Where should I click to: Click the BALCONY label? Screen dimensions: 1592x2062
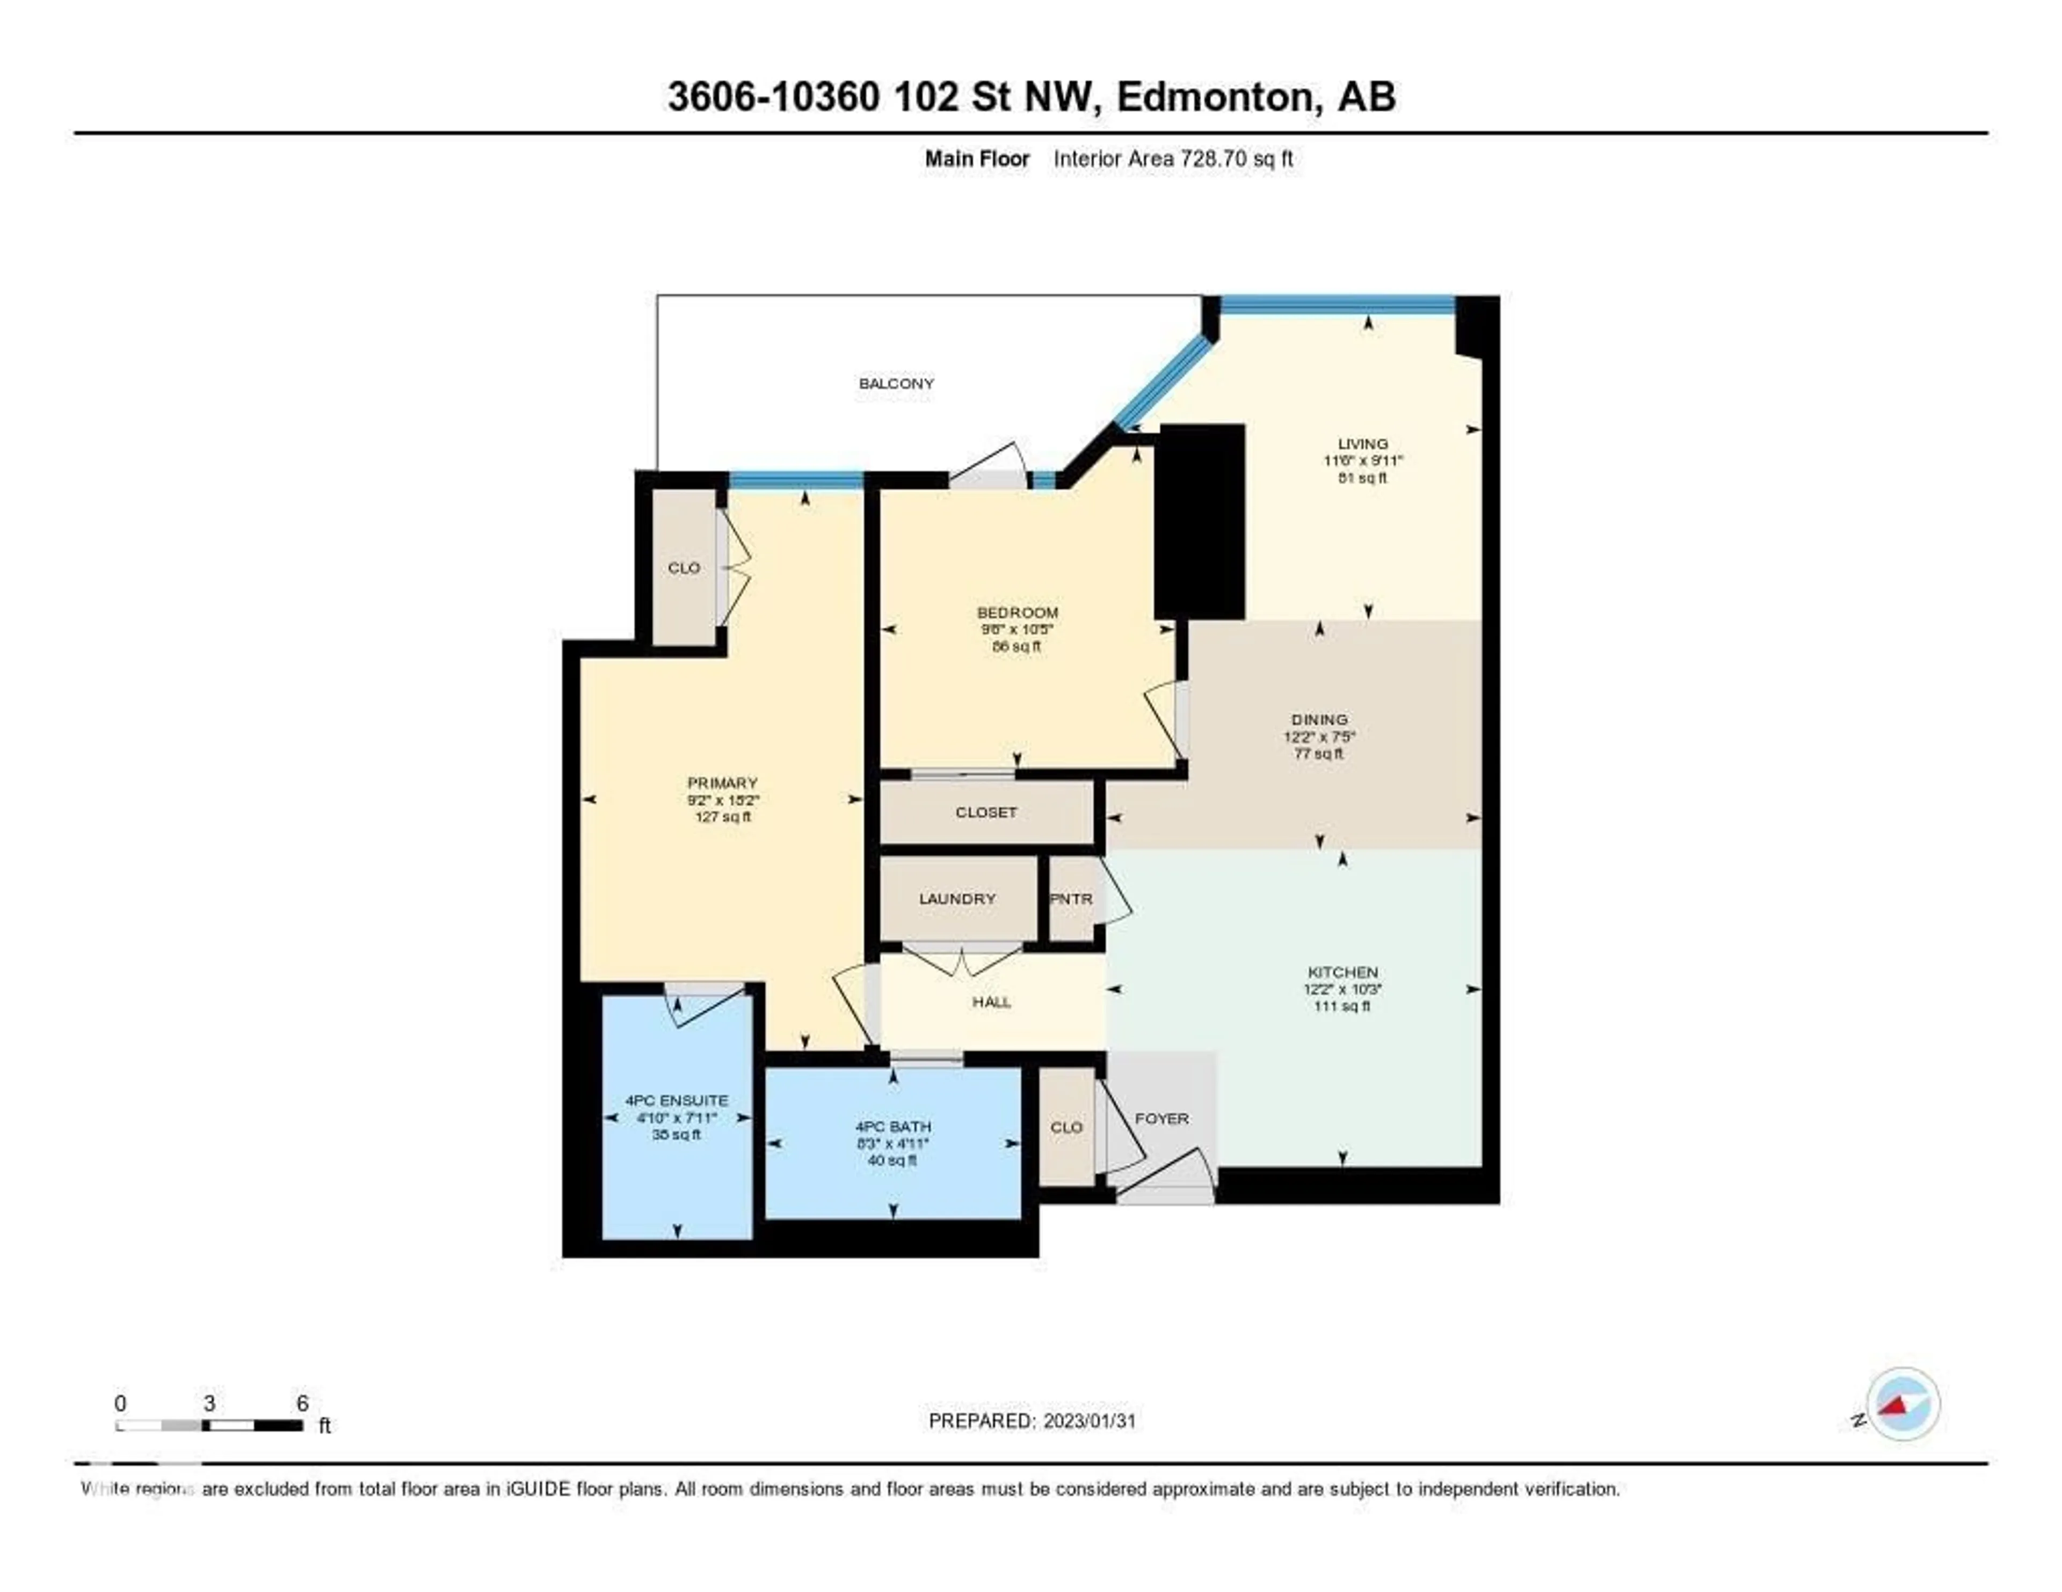click(x=896, y=383)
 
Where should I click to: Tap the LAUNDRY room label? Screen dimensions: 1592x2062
click(x=957, y=899)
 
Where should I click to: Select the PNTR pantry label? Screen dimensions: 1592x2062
click(x=1071, y=899)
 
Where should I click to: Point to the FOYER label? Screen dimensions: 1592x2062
click(x=1161, y=1118)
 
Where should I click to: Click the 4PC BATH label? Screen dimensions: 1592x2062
click(x=892, y=1127)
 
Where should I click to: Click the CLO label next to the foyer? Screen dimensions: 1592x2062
click(x=1066, y=1128)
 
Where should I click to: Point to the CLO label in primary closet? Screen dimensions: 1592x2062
click(x=684, y=568)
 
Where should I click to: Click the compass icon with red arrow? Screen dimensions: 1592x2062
click(x=1903, y=1404)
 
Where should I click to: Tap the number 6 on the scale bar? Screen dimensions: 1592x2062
click(x=302, y=1403)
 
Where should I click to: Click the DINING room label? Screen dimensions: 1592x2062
click(x=1320, y=720)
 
